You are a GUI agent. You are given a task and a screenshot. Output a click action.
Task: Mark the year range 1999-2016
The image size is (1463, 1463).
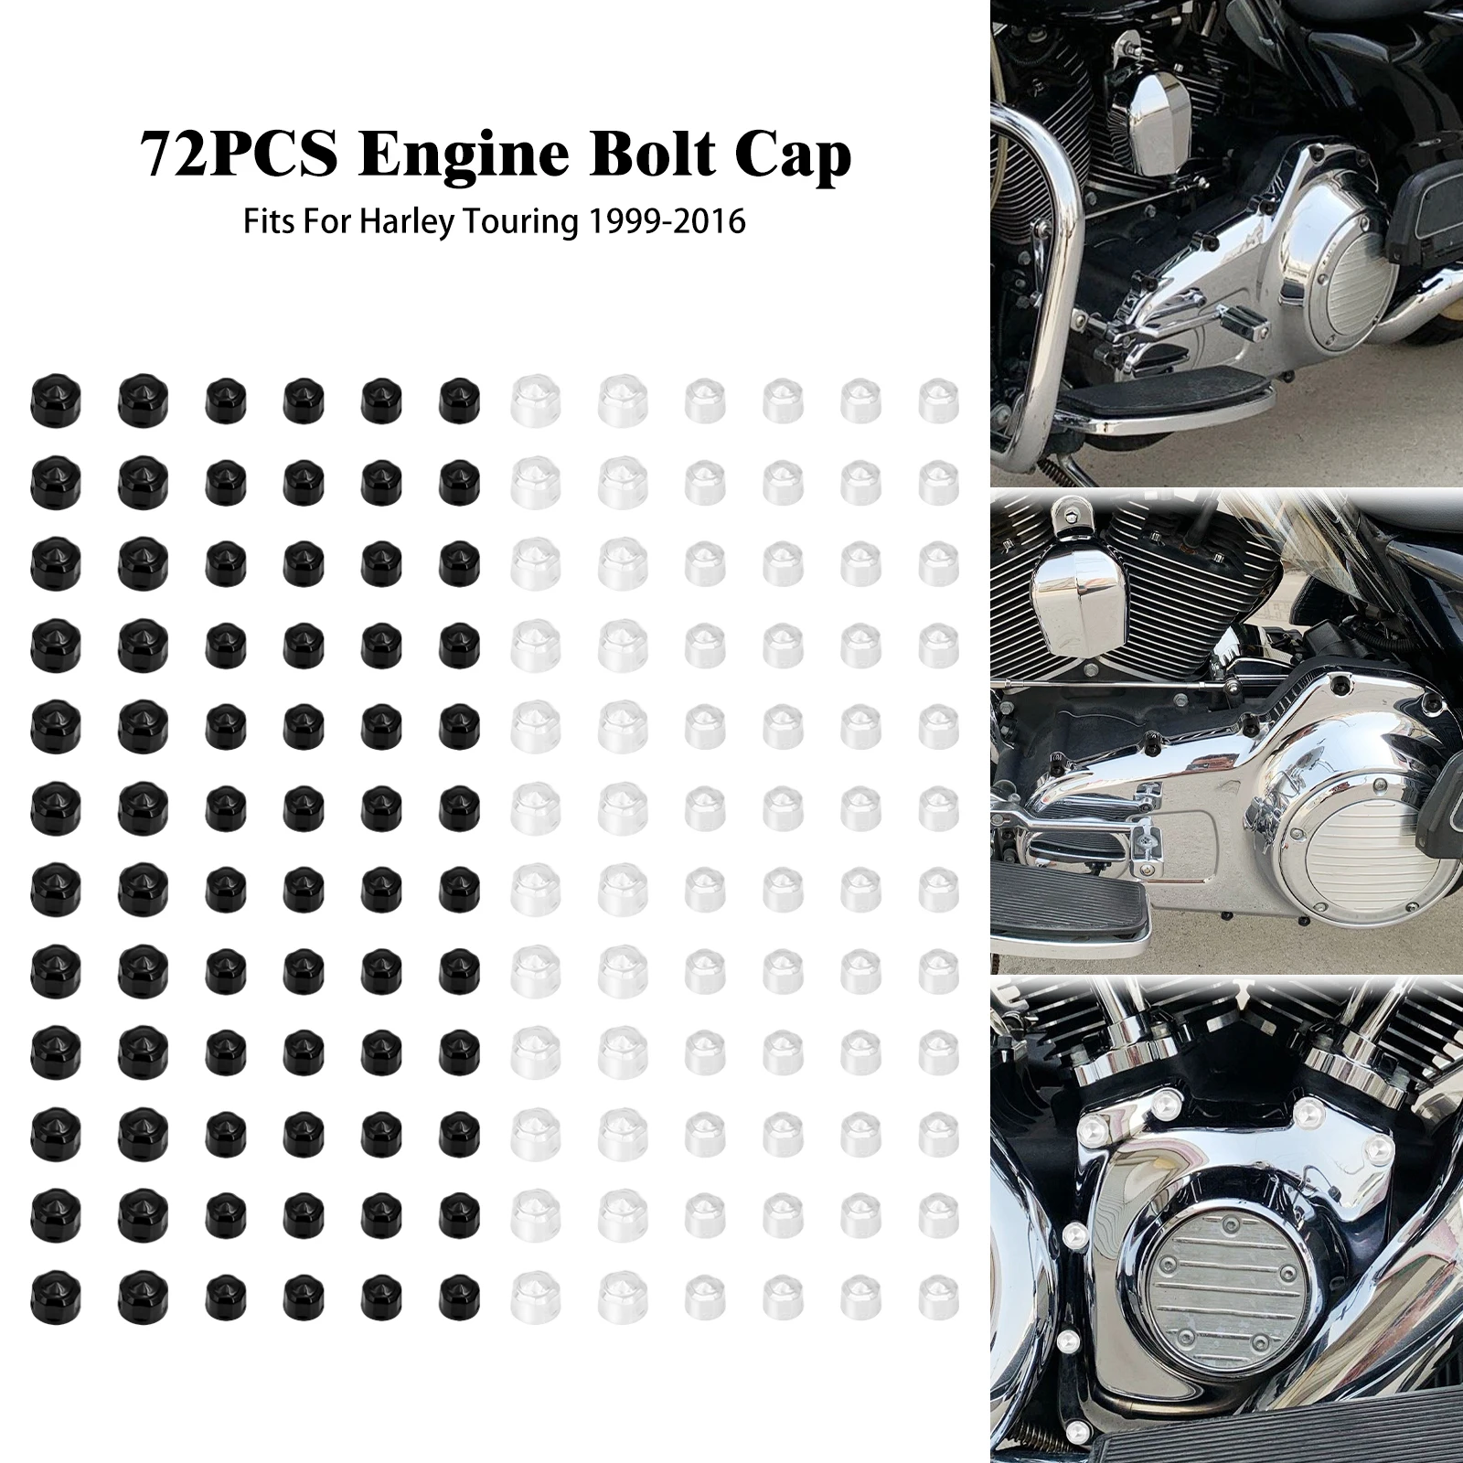[666, 222]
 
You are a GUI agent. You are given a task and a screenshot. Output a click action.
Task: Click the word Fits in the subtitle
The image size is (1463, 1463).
[270, 222]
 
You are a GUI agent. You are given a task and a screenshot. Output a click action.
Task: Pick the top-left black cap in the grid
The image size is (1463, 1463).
[56, 396]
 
